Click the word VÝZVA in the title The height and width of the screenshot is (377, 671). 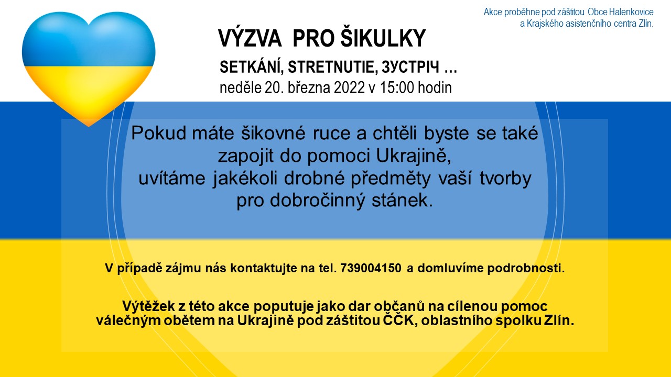[250, 38]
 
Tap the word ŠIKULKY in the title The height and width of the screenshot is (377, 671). [383, 38]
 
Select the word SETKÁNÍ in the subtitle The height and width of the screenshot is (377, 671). [252, 66]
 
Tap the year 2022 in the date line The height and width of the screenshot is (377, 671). [349, 87]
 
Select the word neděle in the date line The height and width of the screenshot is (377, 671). [241, 87]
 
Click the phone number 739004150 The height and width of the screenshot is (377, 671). [371, 268]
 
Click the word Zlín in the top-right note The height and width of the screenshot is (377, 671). [645, 24]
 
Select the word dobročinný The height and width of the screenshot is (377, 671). [317, 201]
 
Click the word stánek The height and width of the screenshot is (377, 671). [402, 200]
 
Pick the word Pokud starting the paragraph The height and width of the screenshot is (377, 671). [159, 133]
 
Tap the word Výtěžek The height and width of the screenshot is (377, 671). [148, 306]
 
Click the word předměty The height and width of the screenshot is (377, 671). [391, 179]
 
